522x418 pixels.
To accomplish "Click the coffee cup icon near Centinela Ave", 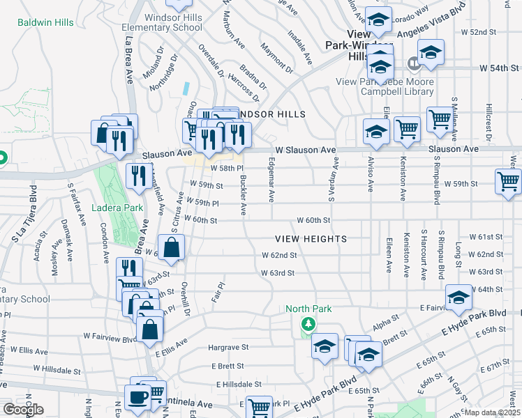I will click(137, 397).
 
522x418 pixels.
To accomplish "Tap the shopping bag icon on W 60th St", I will click(172, 247).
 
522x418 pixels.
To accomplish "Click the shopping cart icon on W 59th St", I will click(508, 181).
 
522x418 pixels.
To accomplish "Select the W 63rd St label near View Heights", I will click(278, 273).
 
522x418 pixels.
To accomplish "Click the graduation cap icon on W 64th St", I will click(458, 297).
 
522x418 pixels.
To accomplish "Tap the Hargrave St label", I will click(229, 347).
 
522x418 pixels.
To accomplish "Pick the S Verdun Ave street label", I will click(336, 180).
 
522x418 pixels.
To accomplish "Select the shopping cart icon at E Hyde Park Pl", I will click(259, 406).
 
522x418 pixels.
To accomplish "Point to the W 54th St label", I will click(500, 68).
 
